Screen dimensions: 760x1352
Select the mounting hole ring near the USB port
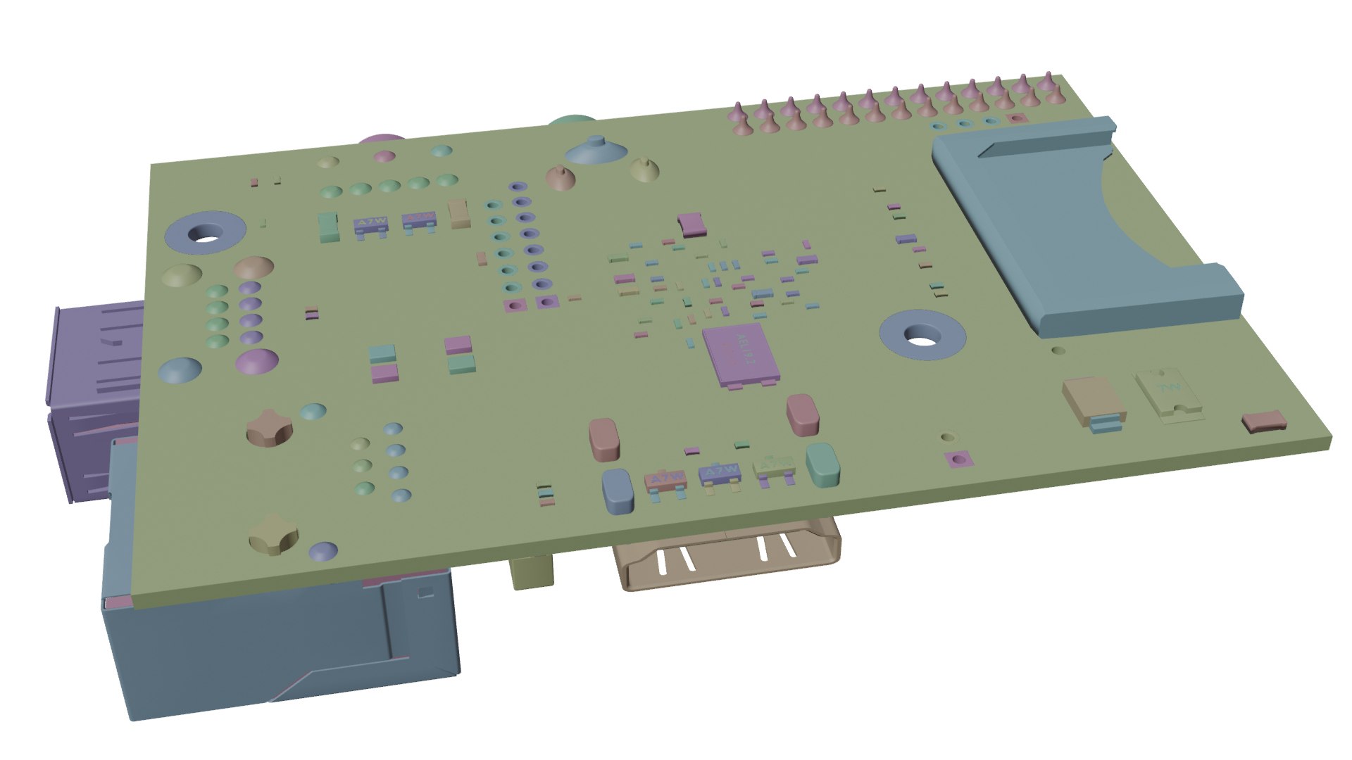pos(205,232)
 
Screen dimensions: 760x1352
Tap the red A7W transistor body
pos(665,481)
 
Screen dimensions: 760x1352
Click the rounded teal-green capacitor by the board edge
pos(822,464)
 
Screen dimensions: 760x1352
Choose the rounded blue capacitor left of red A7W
pos(618,490)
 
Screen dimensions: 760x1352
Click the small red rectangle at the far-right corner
pos(1264,422)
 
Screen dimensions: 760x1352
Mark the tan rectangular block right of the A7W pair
pos(460,212)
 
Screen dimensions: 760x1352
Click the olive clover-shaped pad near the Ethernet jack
pos(273,533)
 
